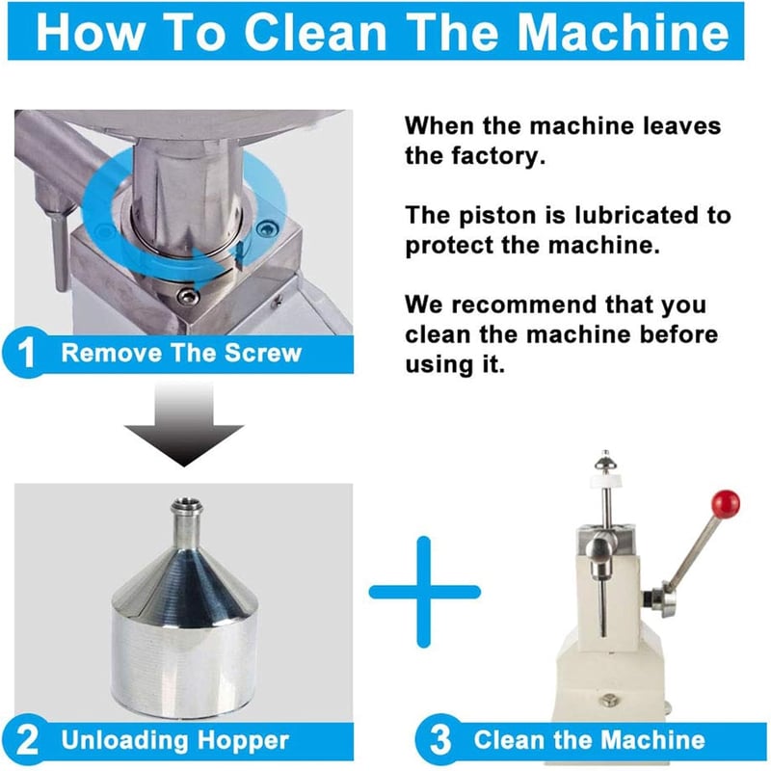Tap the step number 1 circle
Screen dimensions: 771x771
pos(26,352)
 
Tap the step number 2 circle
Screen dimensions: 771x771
pos(26,739)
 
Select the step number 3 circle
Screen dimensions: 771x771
pos(439,739)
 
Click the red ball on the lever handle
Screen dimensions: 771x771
pos(726,504)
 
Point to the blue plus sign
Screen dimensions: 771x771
pos(424,592)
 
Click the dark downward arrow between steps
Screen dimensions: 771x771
pos(184,424)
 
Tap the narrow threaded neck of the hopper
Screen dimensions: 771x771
pos(186,518)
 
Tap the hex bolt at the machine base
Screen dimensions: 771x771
pos(609,700)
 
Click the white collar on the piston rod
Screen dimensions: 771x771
pos(606,479)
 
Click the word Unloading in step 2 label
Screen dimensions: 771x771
pos(124,741)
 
